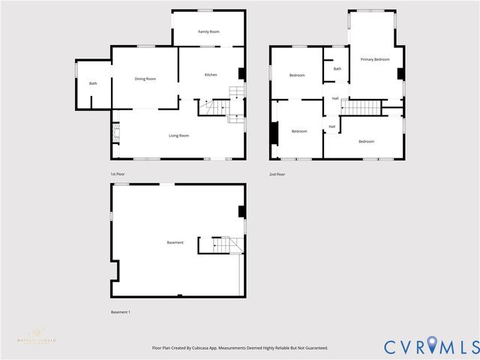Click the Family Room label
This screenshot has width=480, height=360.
(x=208, y=31)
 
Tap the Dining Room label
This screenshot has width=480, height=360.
(x=145, y=79)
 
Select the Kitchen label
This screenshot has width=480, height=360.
(x=211, y=74)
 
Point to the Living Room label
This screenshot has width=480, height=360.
(x=178, y=136)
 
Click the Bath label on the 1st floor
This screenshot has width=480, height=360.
(x=93, y=83)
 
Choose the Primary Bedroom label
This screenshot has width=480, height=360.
(x=375, y=59)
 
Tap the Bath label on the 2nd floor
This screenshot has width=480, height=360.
(x=337, y=69)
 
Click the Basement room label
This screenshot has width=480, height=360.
(x=175, y=242)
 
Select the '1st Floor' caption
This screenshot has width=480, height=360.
(x=118, y=174)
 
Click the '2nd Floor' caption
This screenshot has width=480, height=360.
(x=277, y=174)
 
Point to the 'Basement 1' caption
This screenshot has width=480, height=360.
(x=120, y=312)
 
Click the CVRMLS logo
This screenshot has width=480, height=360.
(x=431, y=346)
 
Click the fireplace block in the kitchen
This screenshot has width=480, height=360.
(x=241, y=73)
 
